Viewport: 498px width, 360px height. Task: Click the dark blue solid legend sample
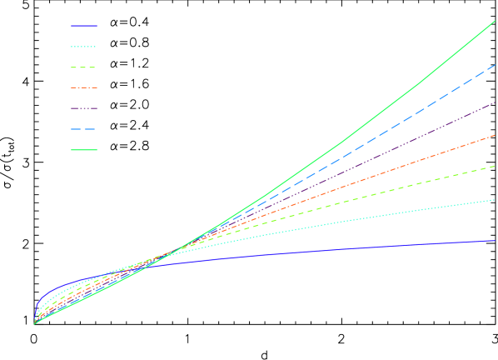[x=83, y=26]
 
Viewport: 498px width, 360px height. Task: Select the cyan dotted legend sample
[x=83, y=47]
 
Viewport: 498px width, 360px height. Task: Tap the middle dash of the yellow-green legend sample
[x=83, y=67]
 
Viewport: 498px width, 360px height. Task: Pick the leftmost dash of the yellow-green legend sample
[x=74, y=67]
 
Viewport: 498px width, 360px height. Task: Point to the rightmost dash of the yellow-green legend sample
[x=92, y=67]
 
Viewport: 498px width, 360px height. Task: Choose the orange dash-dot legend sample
[x=83, y=87]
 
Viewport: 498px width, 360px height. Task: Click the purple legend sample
[x=83, y=108]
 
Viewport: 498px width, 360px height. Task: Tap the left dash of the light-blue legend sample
[x=77, y=129]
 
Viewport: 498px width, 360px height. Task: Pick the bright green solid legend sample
[x=83, y=150]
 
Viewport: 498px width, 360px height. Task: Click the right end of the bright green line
[x=496, y=21]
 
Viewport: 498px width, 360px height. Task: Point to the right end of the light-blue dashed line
[x=496, y=65]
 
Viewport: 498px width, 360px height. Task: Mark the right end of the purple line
[x=496, y=102]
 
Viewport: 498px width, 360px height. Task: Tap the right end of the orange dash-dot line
[x=496, y=135]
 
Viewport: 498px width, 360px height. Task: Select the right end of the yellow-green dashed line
[x=496, y=166]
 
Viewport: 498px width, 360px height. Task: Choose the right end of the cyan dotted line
[x=496, y=200]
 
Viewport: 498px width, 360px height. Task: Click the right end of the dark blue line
[x=496, y=240]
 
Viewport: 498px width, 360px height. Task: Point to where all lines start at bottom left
[x=34, y=323]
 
